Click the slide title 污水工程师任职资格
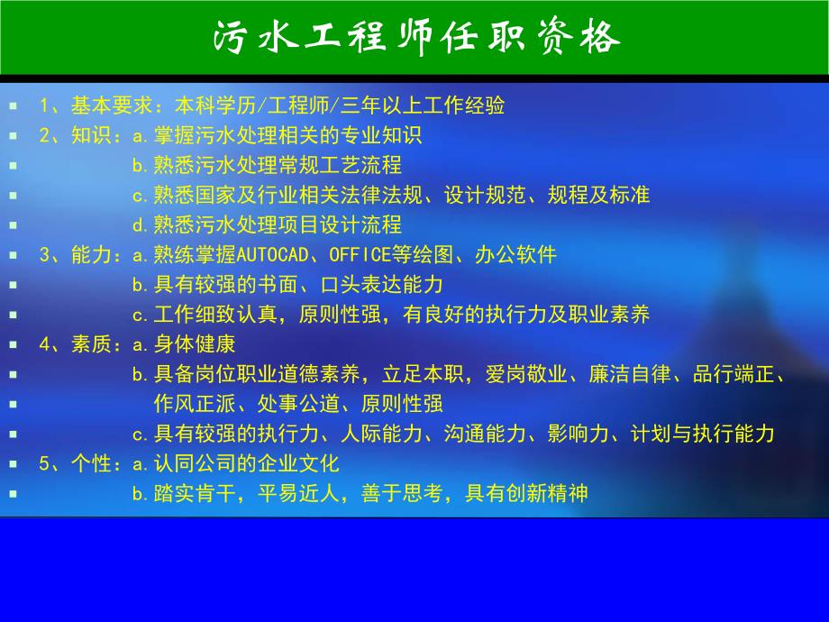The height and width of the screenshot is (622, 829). pos(415,37)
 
